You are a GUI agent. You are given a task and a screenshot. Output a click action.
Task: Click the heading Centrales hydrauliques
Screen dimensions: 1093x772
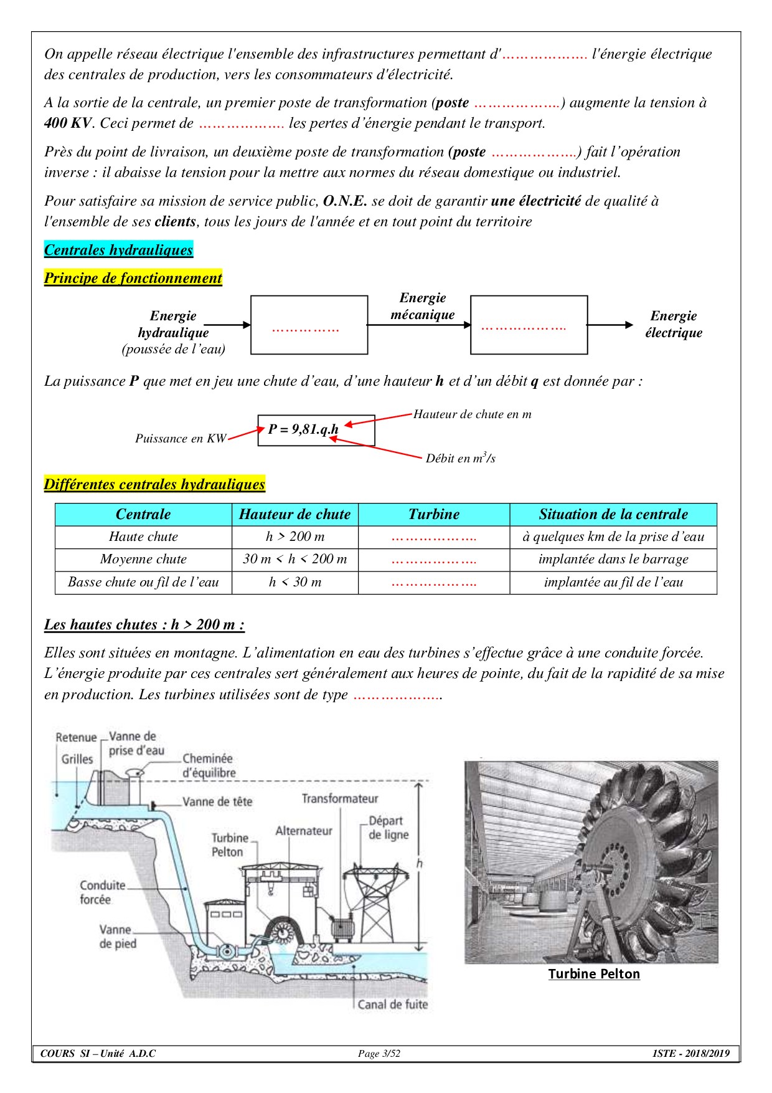(118, 250)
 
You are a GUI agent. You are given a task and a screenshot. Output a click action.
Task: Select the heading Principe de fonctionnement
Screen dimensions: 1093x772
(133, 278)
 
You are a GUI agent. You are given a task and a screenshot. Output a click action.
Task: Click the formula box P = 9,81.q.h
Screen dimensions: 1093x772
(316, 430)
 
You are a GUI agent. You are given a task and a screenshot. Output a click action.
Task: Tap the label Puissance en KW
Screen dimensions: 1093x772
(181, 439)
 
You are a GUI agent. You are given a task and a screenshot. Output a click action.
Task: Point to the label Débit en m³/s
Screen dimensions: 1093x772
(460, 459)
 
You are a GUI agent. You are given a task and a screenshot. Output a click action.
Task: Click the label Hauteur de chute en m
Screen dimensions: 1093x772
(472, 414)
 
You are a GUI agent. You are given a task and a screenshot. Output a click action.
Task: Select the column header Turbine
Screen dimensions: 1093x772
(434, 514)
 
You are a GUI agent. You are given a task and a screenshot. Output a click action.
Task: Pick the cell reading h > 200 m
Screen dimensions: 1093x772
(295, 537)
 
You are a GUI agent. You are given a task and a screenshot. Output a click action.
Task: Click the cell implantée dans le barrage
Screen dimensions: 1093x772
(613, 559)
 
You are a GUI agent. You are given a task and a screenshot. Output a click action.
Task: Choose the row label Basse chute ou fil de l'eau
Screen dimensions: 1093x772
(143, 582)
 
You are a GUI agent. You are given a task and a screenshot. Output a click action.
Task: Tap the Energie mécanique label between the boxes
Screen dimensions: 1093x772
(423, 306)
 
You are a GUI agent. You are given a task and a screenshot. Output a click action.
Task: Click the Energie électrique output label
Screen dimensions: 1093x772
(674, 324)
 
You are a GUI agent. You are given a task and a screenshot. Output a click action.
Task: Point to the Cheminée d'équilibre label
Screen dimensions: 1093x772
(209, 766)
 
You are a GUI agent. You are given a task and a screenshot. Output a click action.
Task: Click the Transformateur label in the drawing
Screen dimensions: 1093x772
(340, 798)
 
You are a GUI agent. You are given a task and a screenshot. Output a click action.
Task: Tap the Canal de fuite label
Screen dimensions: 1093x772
(393, 1004)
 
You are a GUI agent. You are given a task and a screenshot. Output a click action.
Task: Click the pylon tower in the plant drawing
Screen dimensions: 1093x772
(377, 904)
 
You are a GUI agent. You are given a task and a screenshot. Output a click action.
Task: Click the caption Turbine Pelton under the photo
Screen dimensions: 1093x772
(594, 974)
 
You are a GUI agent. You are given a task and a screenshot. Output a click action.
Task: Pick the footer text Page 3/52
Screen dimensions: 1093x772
(379, 1054)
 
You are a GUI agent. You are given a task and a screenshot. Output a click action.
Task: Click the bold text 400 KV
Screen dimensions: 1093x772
(68, 123)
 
